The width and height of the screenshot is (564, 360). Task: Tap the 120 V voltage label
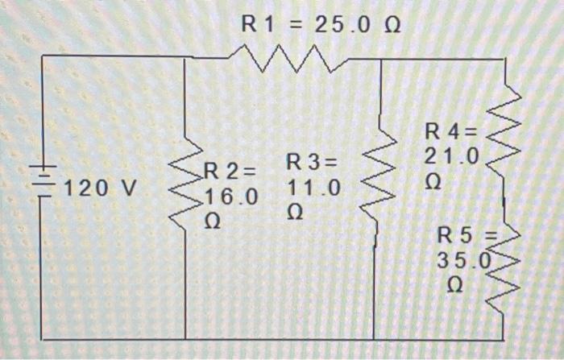point(101,188)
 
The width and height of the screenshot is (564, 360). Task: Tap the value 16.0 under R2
point(232,197)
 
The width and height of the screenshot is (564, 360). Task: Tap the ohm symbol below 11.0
point(295,213)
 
